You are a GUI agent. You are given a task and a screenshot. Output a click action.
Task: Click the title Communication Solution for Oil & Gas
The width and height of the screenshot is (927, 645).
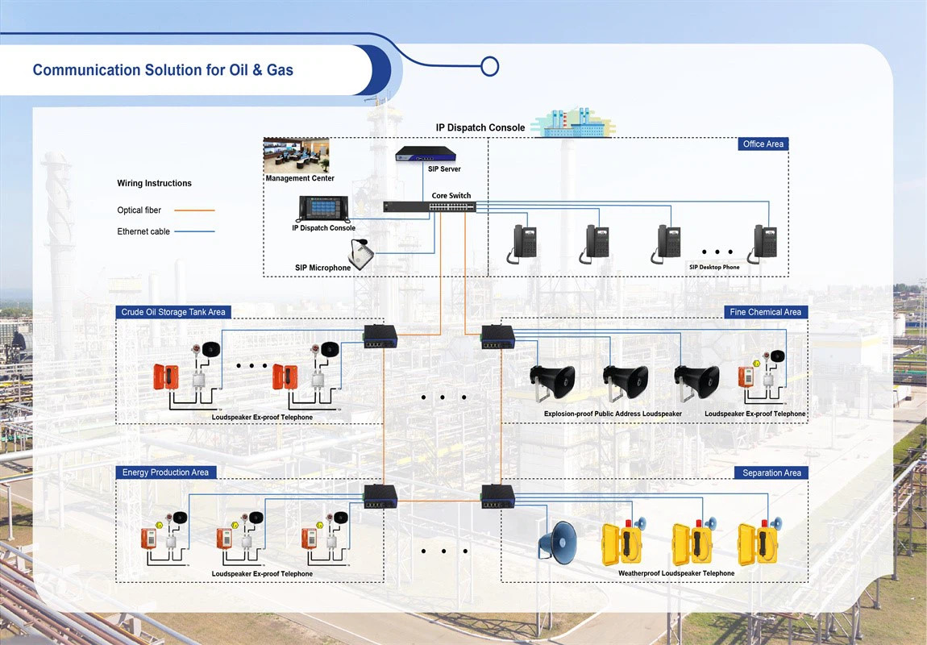point(163,70)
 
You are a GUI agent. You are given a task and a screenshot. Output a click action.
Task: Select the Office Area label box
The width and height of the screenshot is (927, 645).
point(763,144)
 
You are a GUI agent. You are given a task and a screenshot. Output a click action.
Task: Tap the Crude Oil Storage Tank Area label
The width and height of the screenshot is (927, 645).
point(173,312)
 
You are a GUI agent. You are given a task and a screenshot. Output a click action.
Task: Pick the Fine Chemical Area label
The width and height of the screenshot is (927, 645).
point(765,312)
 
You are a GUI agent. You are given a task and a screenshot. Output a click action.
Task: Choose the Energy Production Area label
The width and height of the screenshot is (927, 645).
point(165,472)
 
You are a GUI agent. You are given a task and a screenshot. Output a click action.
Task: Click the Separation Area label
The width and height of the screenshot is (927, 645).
point(771,472)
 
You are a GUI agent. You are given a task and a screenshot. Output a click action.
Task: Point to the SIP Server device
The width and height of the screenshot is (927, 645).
point(426,153)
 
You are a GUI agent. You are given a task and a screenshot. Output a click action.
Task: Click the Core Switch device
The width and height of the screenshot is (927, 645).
point(429,206)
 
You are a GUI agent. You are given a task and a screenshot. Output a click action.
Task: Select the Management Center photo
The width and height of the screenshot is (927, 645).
point(297,155)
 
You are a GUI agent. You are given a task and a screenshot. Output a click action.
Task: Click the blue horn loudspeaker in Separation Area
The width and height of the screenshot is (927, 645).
point(559,539)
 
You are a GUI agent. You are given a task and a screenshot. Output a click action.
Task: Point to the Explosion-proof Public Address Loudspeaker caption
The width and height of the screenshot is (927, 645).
point(612,414)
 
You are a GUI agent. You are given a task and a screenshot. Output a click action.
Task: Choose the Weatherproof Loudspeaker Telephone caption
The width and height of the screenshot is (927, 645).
point(676,573)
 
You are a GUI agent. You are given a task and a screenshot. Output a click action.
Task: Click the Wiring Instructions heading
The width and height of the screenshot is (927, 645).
point(154,184)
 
